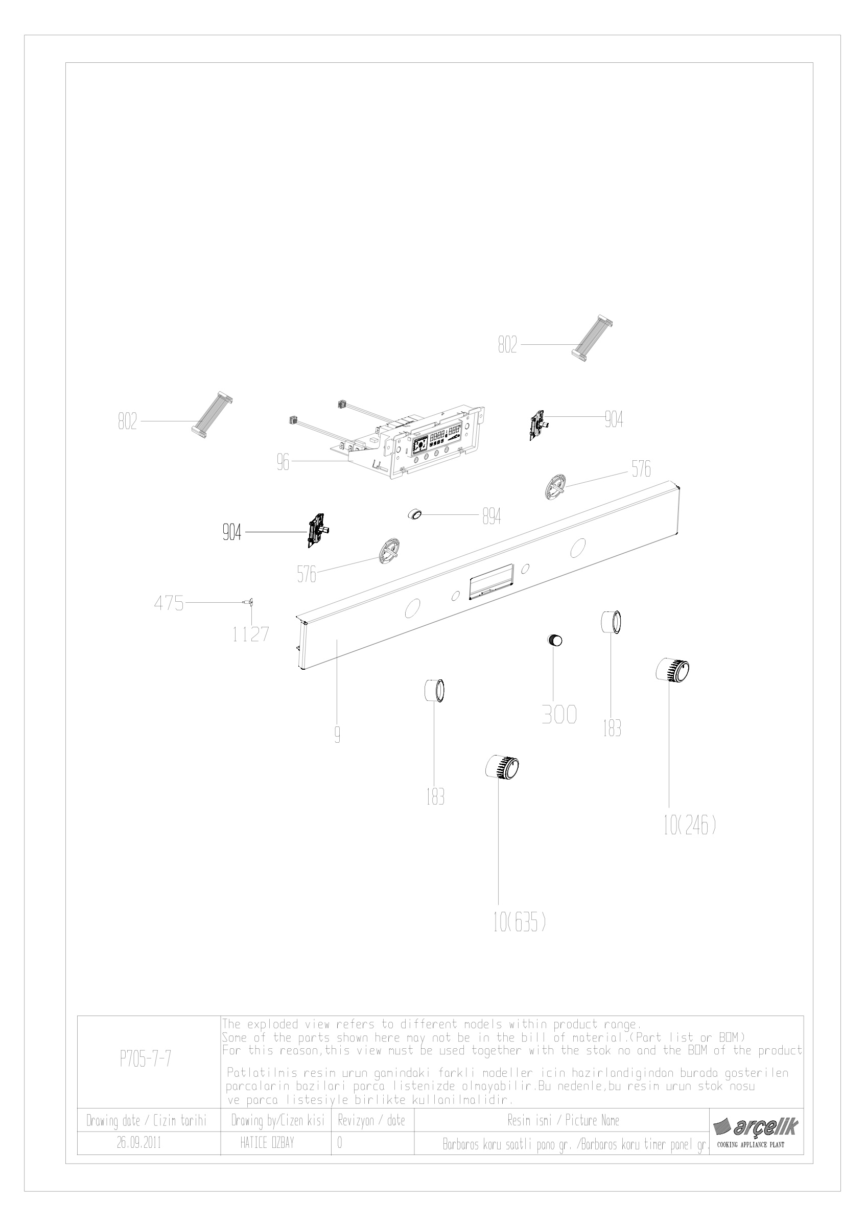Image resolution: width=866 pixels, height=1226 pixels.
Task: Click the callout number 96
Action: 283,462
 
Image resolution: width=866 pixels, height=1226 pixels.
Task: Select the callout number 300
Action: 559,715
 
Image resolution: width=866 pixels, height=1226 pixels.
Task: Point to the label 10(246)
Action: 689,827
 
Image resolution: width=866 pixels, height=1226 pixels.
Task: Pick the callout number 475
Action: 169,603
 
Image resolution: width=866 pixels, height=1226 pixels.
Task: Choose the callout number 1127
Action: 250,634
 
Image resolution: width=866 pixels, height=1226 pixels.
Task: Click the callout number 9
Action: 337,736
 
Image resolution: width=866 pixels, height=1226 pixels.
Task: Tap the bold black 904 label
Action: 232,532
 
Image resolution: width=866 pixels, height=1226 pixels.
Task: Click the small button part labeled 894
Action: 415,514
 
